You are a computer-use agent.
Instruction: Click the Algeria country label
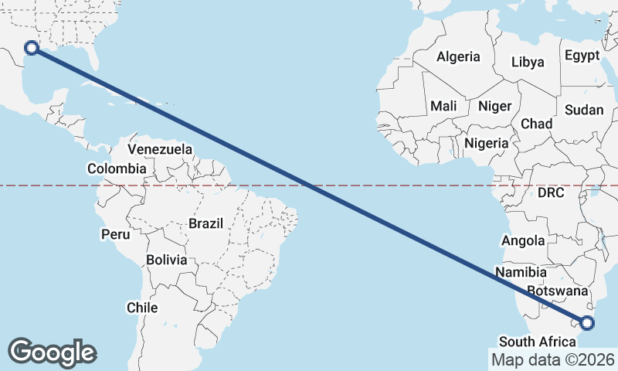[458, 56]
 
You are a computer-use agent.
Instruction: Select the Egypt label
[582, 56]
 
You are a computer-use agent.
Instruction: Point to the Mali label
[443, 105]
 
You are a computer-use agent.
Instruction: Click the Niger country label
[495, 106]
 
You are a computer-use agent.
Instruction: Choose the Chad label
[537, 124]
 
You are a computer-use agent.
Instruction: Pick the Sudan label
[584, 110]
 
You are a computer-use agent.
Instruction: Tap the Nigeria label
[487, 143]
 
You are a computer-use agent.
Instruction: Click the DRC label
[552, 192]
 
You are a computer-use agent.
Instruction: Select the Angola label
[523, 241]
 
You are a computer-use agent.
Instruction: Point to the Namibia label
[522, 272]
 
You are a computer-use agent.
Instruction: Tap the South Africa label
[538, 342]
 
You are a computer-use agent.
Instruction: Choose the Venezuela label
[160, 148]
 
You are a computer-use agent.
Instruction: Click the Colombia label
[117, 168]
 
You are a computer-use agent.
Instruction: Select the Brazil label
[205, 223]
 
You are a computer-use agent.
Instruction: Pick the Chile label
[142, 308]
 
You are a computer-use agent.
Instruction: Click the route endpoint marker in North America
[32, 48]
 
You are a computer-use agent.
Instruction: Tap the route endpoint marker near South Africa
[587, 322]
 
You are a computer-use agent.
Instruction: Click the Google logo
[53, 352]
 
